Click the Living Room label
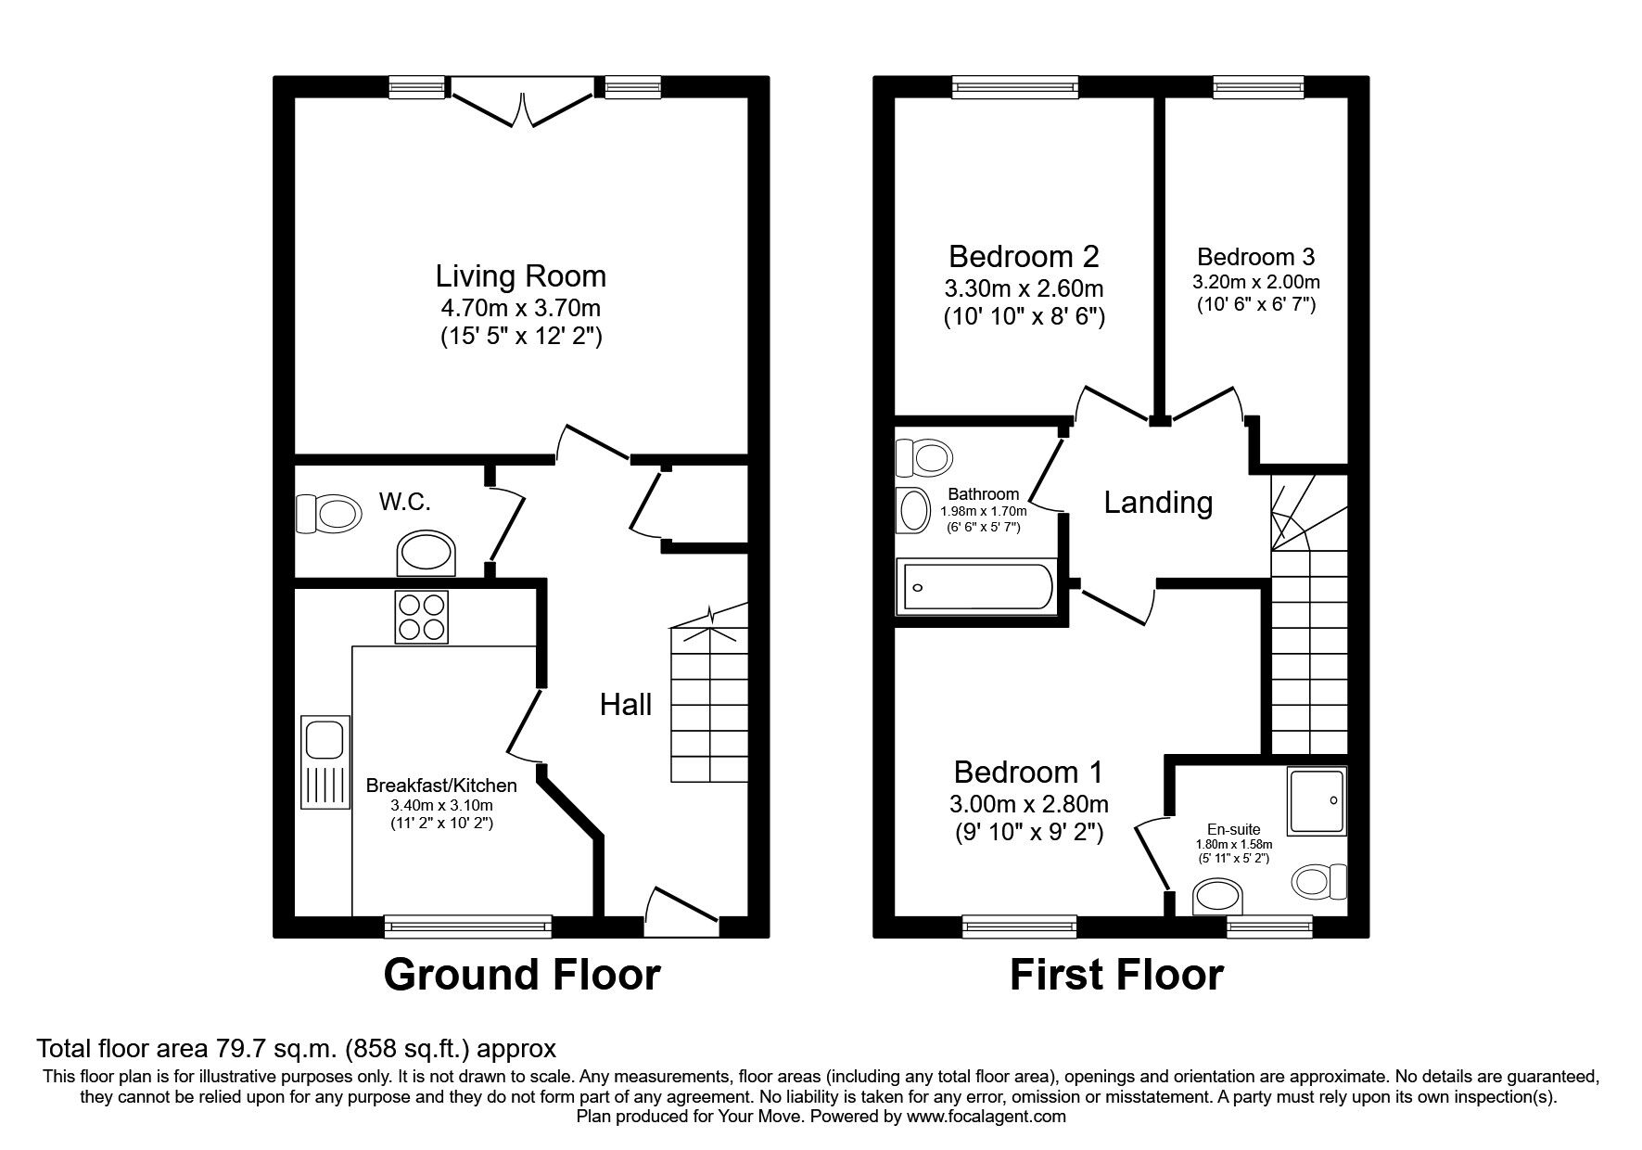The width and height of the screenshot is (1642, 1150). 520,275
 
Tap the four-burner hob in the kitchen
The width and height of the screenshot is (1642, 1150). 421,617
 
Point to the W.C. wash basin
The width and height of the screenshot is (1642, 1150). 427,554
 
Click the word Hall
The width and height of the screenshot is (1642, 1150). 625,705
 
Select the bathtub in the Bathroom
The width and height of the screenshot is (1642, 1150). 975,586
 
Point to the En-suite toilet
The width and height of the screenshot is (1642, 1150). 1320,881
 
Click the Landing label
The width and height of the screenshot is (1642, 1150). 1157,503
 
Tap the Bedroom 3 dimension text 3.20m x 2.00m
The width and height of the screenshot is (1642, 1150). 1256,282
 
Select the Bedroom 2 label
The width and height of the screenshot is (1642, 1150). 1024,255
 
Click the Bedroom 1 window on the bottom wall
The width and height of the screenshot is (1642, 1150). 1019,925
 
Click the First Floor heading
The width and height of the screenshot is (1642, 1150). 1116,975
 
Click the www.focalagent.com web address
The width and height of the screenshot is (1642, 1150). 986,1117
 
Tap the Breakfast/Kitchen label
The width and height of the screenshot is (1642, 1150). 441,785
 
